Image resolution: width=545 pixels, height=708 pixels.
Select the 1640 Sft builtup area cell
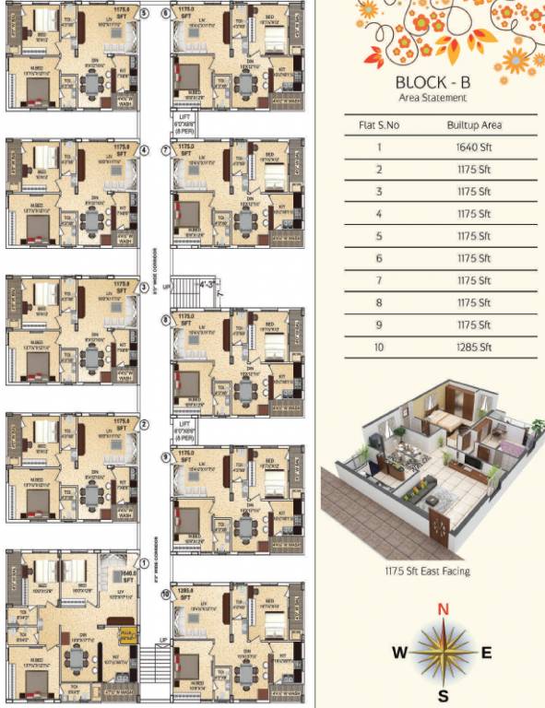(x=472, y=147)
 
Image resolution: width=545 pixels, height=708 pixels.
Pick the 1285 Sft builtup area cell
(x=472, y=348)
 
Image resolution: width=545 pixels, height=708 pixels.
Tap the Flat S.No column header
(x=378, y=124)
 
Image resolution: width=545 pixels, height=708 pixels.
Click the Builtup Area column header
(x=472, y=124)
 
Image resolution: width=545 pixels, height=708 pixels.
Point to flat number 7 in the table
(x=378, y=280)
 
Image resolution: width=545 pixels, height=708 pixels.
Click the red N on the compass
(x=443, y=608)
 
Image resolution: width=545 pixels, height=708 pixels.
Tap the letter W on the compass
(x=399, y=653)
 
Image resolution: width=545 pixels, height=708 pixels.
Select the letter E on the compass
(x=486, y=653)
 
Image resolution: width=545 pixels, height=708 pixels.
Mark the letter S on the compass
(x=443, y=695)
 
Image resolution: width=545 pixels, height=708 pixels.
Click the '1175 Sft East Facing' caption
(x=427, y=572)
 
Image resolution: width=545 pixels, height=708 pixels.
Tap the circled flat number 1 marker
(x=145, y=562)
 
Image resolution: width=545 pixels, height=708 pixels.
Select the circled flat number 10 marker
(x=165, y=595)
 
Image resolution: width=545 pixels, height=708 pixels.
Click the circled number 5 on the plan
(x=145, y=13)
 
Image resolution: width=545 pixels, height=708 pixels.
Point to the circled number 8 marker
(x=165, y=320)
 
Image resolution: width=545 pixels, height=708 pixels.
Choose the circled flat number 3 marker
(x=145, y=288)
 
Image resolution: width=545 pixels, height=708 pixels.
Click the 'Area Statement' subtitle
(x=432, y=98)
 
